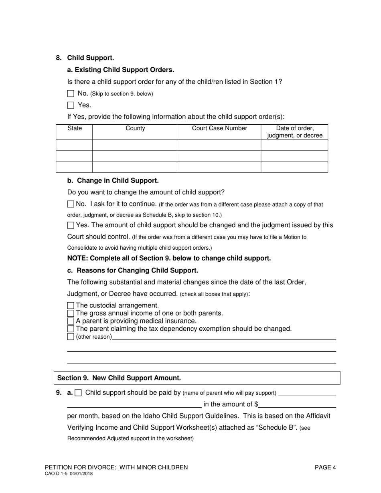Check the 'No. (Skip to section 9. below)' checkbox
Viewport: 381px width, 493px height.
pyautogui.click(x=71, y=93)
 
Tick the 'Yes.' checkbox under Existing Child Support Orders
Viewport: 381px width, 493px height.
pyautogui.click(x=71, y=105)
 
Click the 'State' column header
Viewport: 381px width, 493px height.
pyautogui.click(x=74, y=129)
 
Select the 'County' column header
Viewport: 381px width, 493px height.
pyautogui.click(x=135, y=129)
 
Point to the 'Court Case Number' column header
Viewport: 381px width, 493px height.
pyautogui.click(x=219, y=129)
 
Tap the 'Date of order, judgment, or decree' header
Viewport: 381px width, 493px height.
pyautogui.click(x=294, y=132)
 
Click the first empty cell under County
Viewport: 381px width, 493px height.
pyautogui.click(x=135, y=145)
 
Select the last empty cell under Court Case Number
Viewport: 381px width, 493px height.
pyautogui.click(x=219, y=167)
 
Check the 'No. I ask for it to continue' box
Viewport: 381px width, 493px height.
pyautogui.click(x=71, y=204)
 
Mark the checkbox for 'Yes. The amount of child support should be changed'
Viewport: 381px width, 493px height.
pyautogui.click(x=71, y=225)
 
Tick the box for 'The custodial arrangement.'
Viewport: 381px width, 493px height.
pyautogui.click(x=71, y=305)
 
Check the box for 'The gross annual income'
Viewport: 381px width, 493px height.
pyautogui.click(x=71, y=313)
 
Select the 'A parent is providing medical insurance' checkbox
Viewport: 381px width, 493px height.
pyautogui.click(x=71, y=321)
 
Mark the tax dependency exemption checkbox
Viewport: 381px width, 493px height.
pyautogui.click(x=71, y=329)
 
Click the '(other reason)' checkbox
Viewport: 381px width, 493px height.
pyautogui.click(x=71, y=337)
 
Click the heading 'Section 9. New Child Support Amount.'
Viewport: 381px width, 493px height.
pyautogui.click(x=119, y=378)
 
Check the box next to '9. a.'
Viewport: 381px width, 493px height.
pyautogui.click(x=79, y=393)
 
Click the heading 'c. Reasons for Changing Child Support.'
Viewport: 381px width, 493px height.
pyautogui.click(x=132, y=270)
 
